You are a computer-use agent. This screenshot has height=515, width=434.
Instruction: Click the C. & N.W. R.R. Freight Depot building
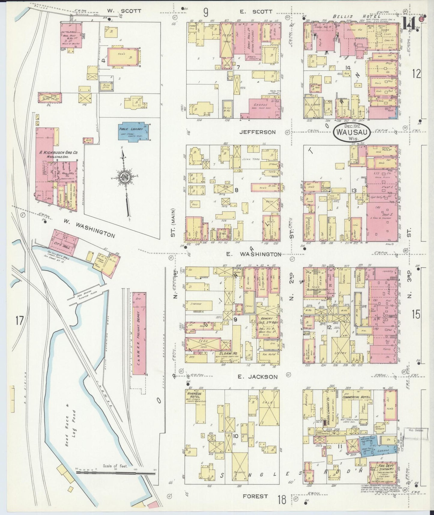(140, 334)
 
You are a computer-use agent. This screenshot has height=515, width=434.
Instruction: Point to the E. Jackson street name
(257, 377)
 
